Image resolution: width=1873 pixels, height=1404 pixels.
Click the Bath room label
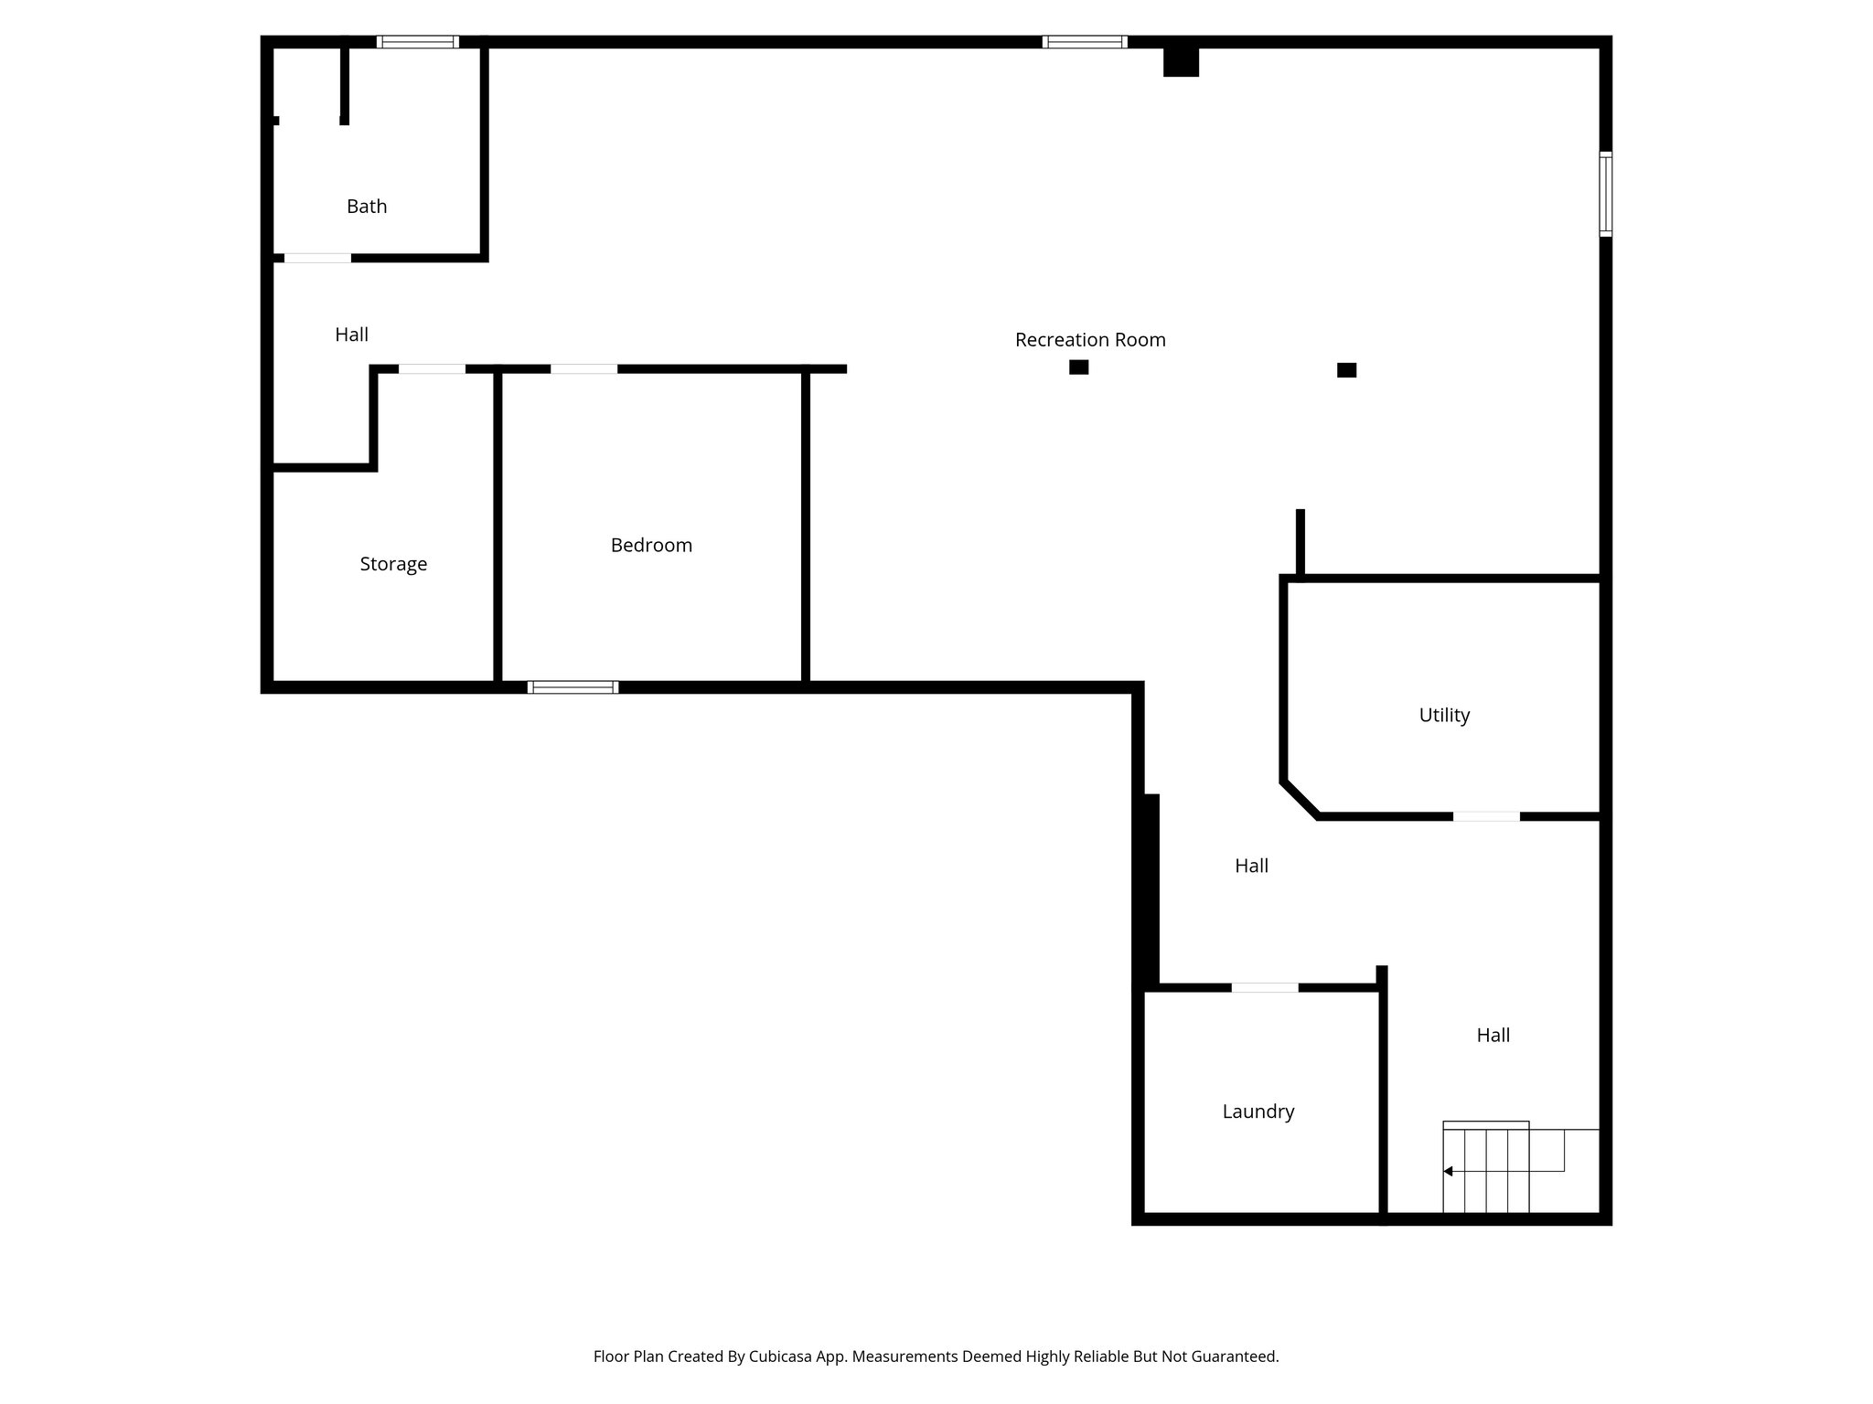click(367, 207)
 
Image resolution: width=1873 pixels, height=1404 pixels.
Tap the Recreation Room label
click(1090, 340)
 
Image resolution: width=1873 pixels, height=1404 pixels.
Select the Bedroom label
click(651, 546)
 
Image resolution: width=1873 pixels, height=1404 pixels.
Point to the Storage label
click(393, 564)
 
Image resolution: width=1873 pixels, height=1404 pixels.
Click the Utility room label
click(1444, 716)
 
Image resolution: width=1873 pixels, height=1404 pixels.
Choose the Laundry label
click(1258, 1111)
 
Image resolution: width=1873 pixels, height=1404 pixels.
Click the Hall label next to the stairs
click(1493, 1036)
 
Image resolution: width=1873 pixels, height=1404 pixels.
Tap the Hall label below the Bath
click(351, 335)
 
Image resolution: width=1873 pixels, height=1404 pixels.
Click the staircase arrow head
click(1448, 1171)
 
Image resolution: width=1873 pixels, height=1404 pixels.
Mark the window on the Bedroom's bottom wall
click(573, 687)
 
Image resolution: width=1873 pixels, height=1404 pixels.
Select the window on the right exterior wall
click(1605, 194)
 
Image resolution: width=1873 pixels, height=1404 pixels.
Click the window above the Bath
click(418, 42)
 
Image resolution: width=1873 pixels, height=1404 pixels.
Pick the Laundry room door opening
click(1264, 987)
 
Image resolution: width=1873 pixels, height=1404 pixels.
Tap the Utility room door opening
click(1486, 816)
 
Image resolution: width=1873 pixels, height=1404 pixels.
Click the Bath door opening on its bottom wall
click(317, 259)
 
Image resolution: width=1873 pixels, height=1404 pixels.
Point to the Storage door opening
click(432, 369)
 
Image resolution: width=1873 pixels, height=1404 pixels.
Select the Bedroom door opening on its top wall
click(583, 369)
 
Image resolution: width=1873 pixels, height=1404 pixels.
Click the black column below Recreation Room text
click(1079, 367)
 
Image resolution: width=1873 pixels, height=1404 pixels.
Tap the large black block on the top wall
click(1181, 61)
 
